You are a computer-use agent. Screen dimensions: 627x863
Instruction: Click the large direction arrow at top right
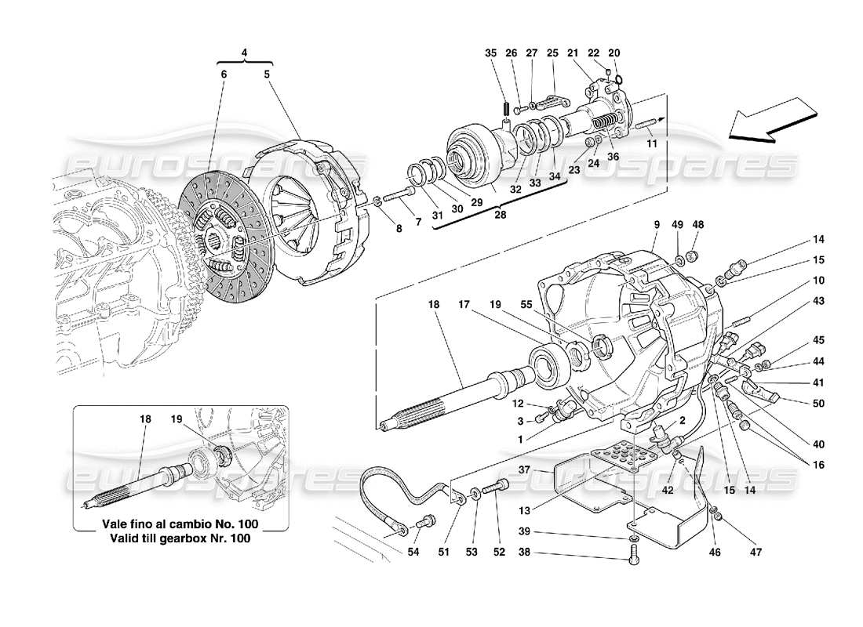[771, 119]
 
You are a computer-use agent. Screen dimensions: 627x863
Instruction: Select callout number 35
[491, 53]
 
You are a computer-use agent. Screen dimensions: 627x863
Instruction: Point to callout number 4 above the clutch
[245, 53]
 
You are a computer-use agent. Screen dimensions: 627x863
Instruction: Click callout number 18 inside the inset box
[145, 419]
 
